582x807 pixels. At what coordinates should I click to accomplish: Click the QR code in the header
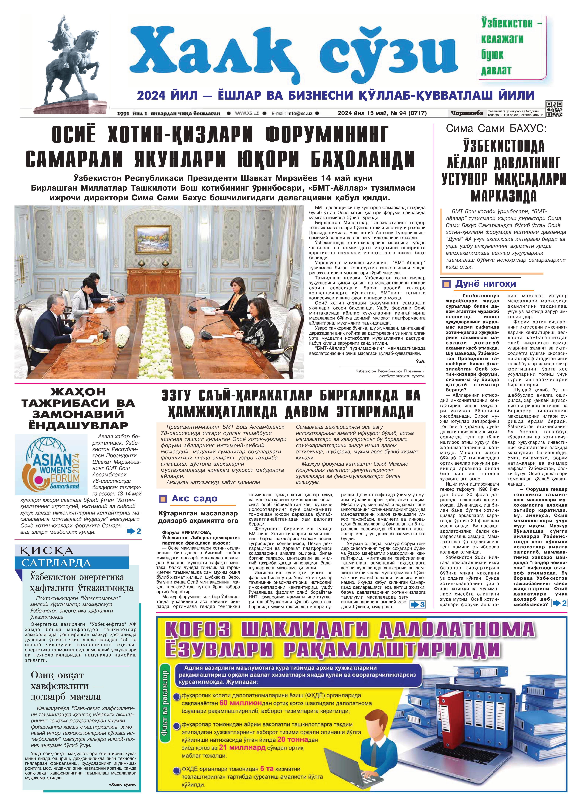(x=555, y=109)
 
